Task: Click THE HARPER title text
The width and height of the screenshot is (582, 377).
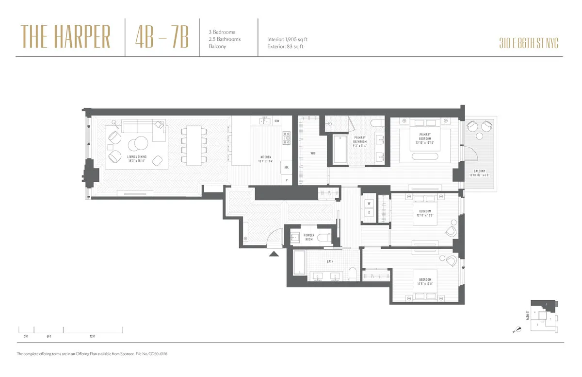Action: pos(66,38)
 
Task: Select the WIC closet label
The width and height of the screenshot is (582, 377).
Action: pos(313,154)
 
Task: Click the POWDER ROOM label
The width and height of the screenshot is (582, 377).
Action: pos(309,237)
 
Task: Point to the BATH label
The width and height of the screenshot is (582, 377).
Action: pos(330,262)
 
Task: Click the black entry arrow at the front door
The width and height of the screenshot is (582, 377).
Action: pos(274,253)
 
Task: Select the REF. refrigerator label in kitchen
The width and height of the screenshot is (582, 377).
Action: pos(287,167)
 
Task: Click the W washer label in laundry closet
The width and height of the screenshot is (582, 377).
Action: pos(369,204)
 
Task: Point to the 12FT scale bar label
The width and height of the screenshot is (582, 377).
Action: pos(92,336)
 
